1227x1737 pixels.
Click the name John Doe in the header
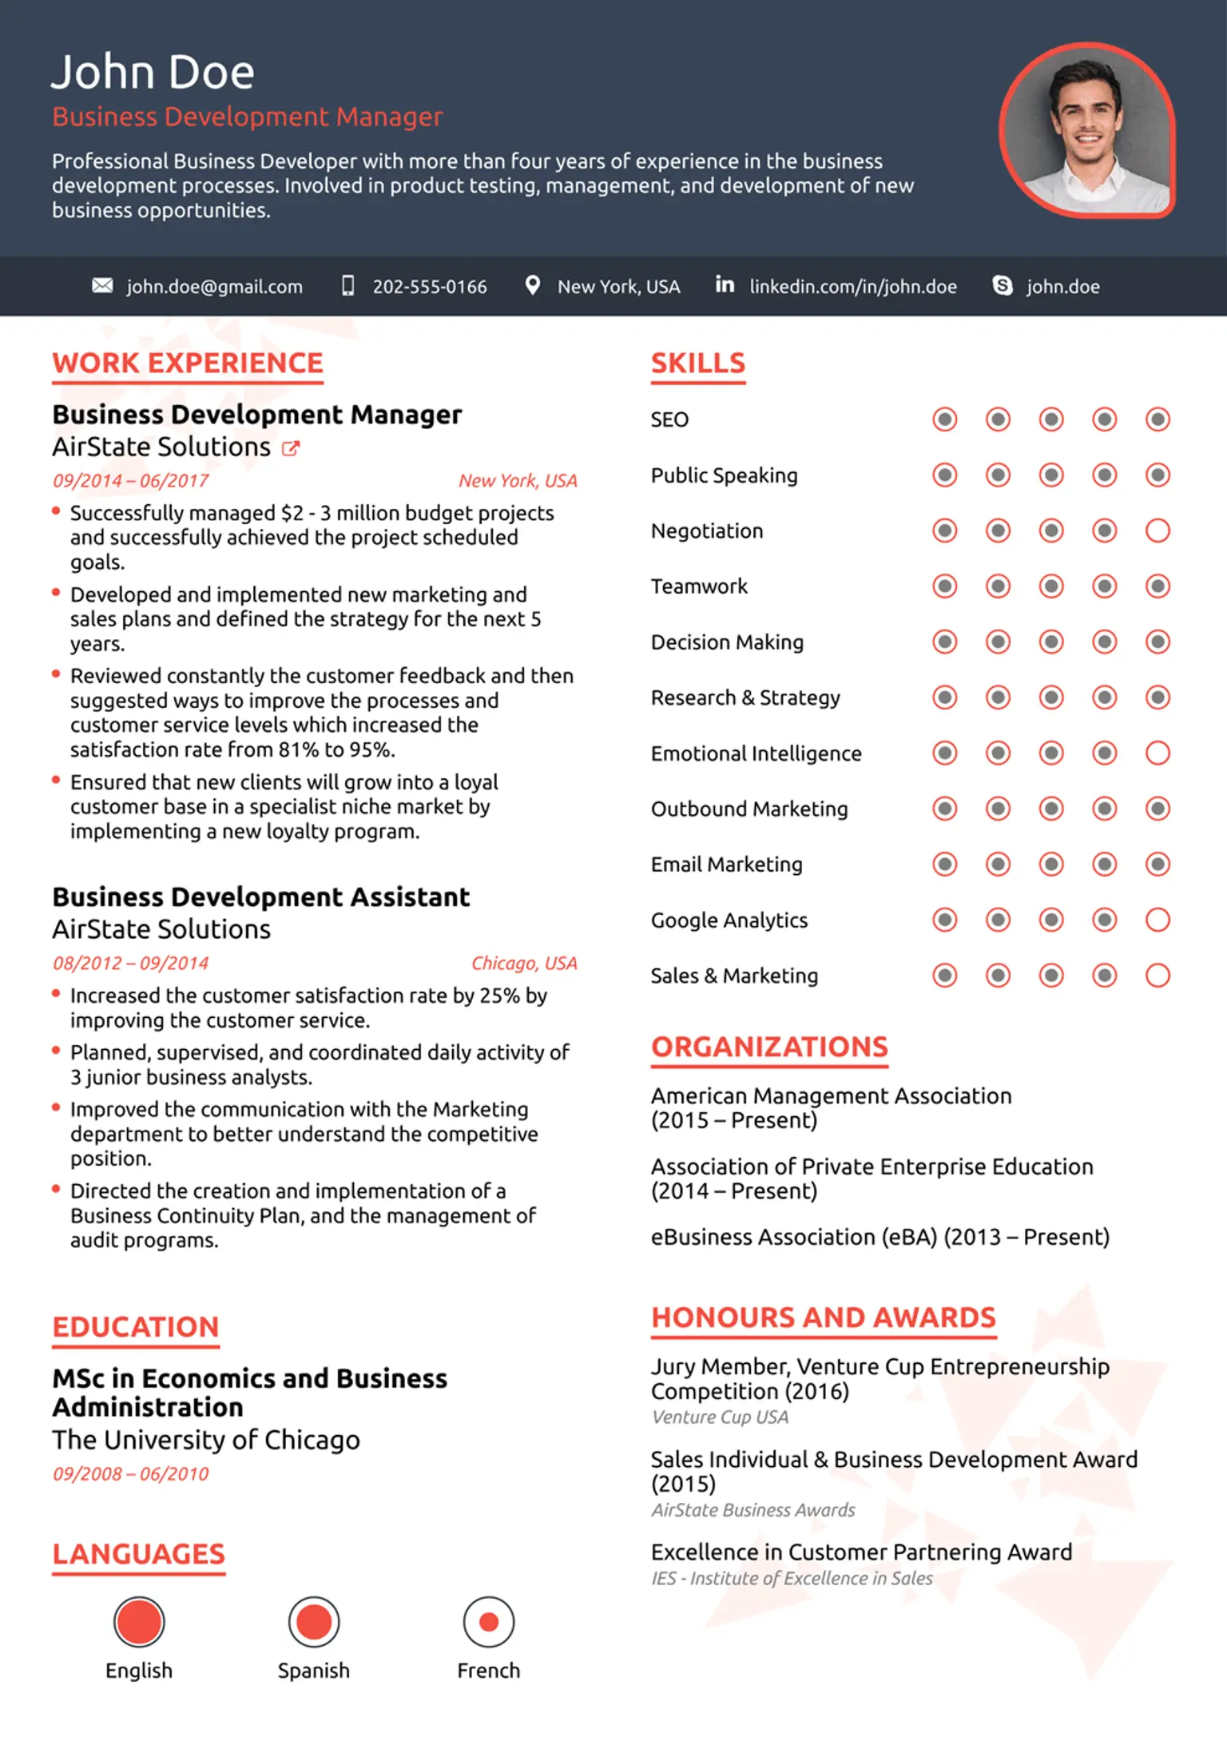click(153, 73)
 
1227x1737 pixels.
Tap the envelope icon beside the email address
click(102, 285)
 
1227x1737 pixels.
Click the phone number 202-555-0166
click(429, 287)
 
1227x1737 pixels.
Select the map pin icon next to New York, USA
click(532, 285)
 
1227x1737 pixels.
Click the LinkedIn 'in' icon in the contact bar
click(725, 284)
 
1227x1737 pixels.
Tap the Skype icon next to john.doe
click(1002, 285)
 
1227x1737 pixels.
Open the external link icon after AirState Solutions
click(291, 448)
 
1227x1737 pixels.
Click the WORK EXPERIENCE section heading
click(188, 364)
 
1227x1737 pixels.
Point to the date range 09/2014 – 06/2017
click(130, 481)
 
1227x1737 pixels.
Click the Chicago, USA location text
click(524, 964)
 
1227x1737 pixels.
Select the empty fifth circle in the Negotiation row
click(1158, 531)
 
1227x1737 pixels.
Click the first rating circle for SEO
click(944, 419)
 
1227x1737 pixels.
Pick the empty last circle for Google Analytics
click(1158, 920)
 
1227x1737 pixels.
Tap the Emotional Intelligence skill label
click(756, 753)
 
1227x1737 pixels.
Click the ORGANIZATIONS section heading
click(769, 1047)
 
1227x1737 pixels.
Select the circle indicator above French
click(488, 1622)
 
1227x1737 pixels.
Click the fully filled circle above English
click(139, 1622)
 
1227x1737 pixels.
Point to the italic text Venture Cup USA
click(720, 1417)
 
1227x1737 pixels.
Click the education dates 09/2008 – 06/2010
click(130, 1474)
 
